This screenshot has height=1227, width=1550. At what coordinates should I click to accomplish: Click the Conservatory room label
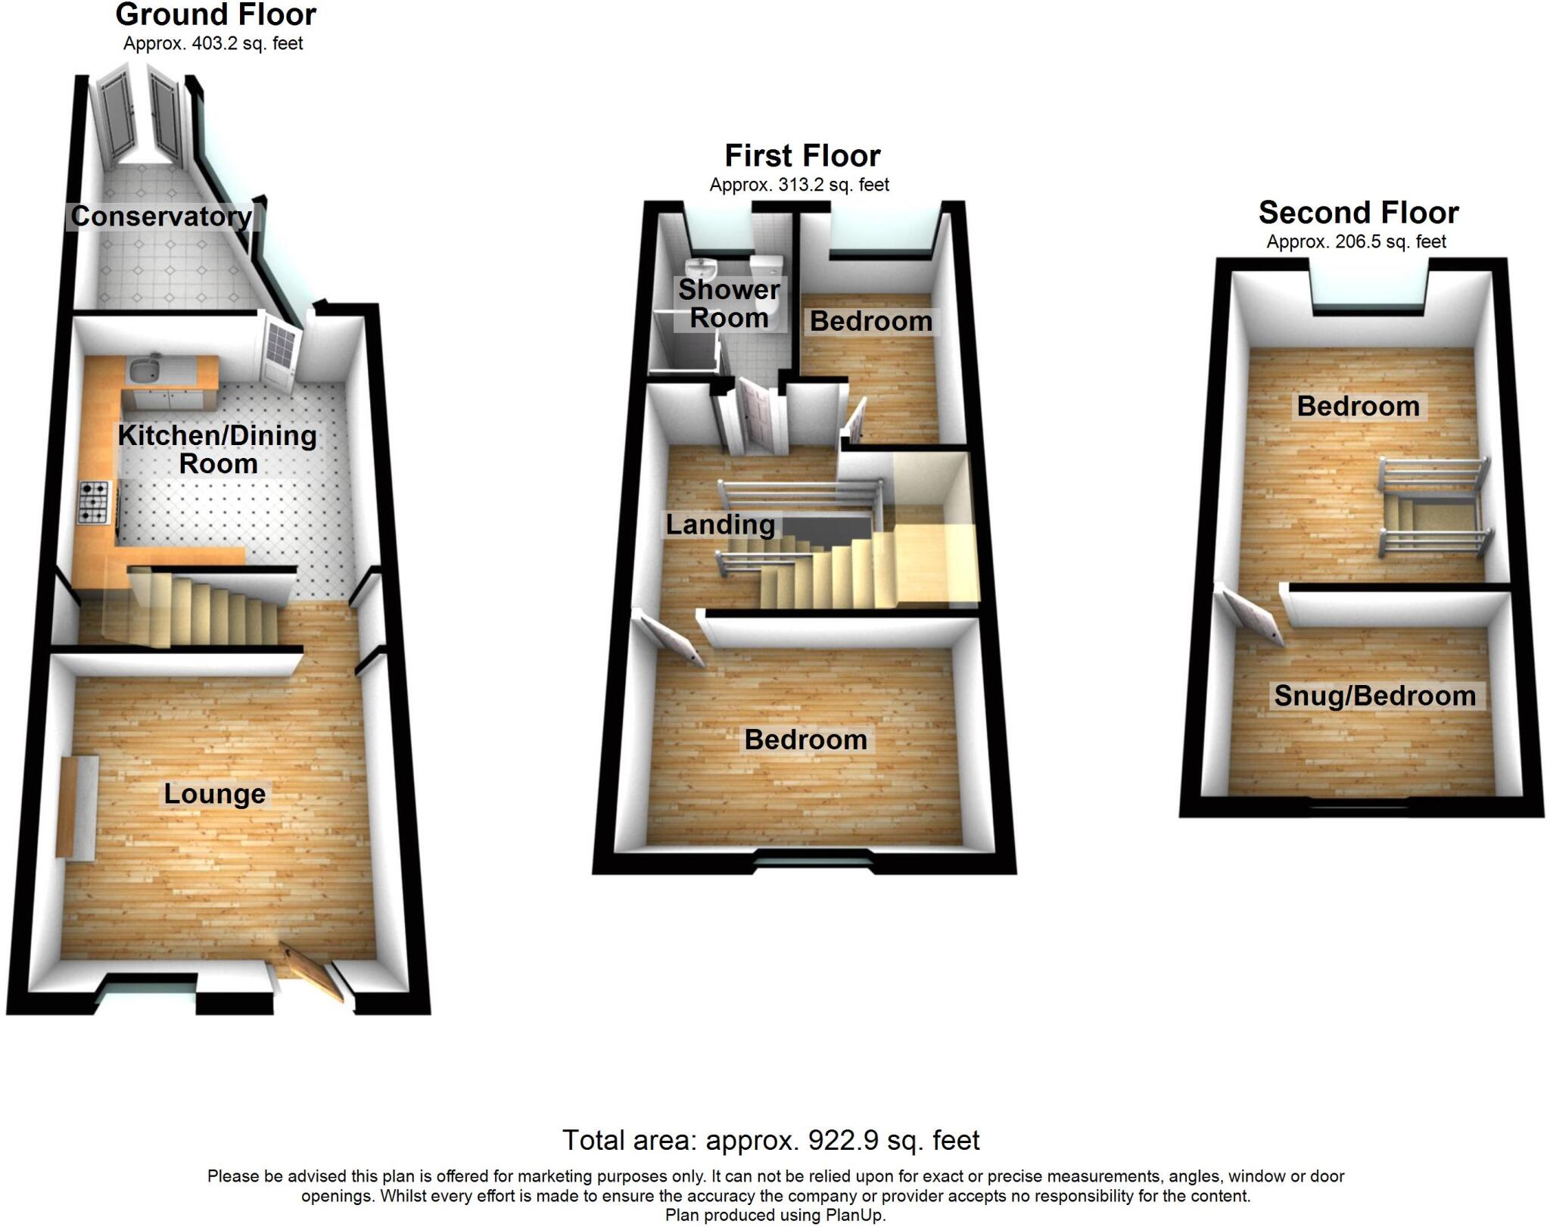pos(161,216)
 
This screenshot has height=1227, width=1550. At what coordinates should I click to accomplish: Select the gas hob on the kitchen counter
pos(93,503)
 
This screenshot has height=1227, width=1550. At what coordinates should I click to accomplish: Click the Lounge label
pos(215,794)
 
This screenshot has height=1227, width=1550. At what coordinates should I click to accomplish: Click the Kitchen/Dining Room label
pos(217,450)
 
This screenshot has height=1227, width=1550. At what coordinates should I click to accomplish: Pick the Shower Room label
pos(729,304)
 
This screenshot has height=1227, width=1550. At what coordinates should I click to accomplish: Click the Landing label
pos(720,525)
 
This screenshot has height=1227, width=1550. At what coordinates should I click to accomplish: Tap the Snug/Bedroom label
pos(1374,696)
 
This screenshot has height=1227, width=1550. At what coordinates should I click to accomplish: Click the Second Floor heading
pos(1359,213)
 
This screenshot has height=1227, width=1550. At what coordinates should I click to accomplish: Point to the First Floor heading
pos(802,156)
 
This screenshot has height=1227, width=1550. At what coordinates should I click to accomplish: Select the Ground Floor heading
pos(216,14)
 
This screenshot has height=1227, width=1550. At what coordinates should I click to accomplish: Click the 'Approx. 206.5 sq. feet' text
pos(1356,241)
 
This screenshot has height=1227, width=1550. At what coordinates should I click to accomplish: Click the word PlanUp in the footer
pos(861,1216)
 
